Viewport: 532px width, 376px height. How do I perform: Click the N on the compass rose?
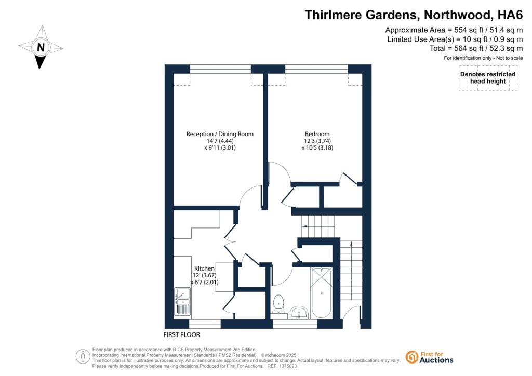click(x=41, y=47)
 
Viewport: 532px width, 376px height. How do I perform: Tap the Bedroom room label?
click(x=317, y=134)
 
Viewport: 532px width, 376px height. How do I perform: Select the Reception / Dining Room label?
click(x=220, y=134)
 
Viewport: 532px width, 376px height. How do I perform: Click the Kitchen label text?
click(x=204, y=268)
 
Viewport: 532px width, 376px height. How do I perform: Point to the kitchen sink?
click(x=182, y=301)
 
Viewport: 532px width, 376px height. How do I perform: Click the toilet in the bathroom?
click(x=278, y=303)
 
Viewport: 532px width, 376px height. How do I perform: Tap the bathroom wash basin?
click(x=299, y=312)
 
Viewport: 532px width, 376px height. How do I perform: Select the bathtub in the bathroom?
click(x=321, y=292)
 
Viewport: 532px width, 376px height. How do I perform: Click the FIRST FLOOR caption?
click(x=181, y=334)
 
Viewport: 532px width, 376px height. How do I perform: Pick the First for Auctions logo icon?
click(x=412, y=357)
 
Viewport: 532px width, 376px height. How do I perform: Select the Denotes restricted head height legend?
click(x=488, y=78)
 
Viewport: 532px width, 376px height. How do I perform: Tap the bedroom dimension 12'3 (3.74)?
click(x=317, y=141)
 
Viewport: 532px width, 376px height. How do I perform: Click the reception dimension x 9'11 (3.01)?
click(x=220, y=147)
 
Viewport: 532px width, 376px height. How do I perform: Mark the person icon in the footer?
click(x=83, y=357)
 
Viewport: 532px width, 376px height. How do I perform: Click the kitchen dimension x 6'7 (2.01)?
click(x=204, y=282)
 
